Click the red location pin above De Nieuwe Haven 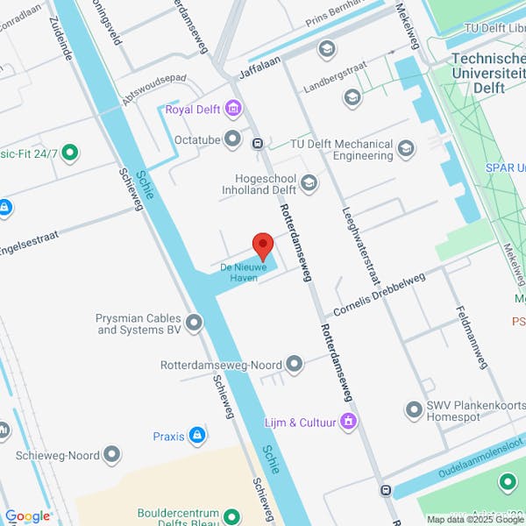(263, 245)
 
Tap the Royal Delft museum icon (232, 110)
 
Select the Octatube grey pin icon (232, 139)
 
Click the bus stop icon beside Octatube (258, 144)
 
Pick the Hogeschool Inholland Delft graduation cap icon (309, 183)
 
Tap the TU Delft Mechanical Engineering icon (405, 148)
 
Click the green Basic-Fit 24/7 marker (69, 153)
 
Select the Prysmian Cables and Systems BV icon (194, 323)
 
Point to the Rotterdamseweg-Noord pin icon (295, 363)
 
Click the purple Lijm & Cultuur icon (349, 423)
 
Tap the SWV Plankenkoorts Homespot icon (414, 409)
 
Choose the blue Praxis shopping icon (197, 436)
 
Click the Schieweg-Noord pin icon (112, 455)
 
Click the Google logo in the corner (27, 516)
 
